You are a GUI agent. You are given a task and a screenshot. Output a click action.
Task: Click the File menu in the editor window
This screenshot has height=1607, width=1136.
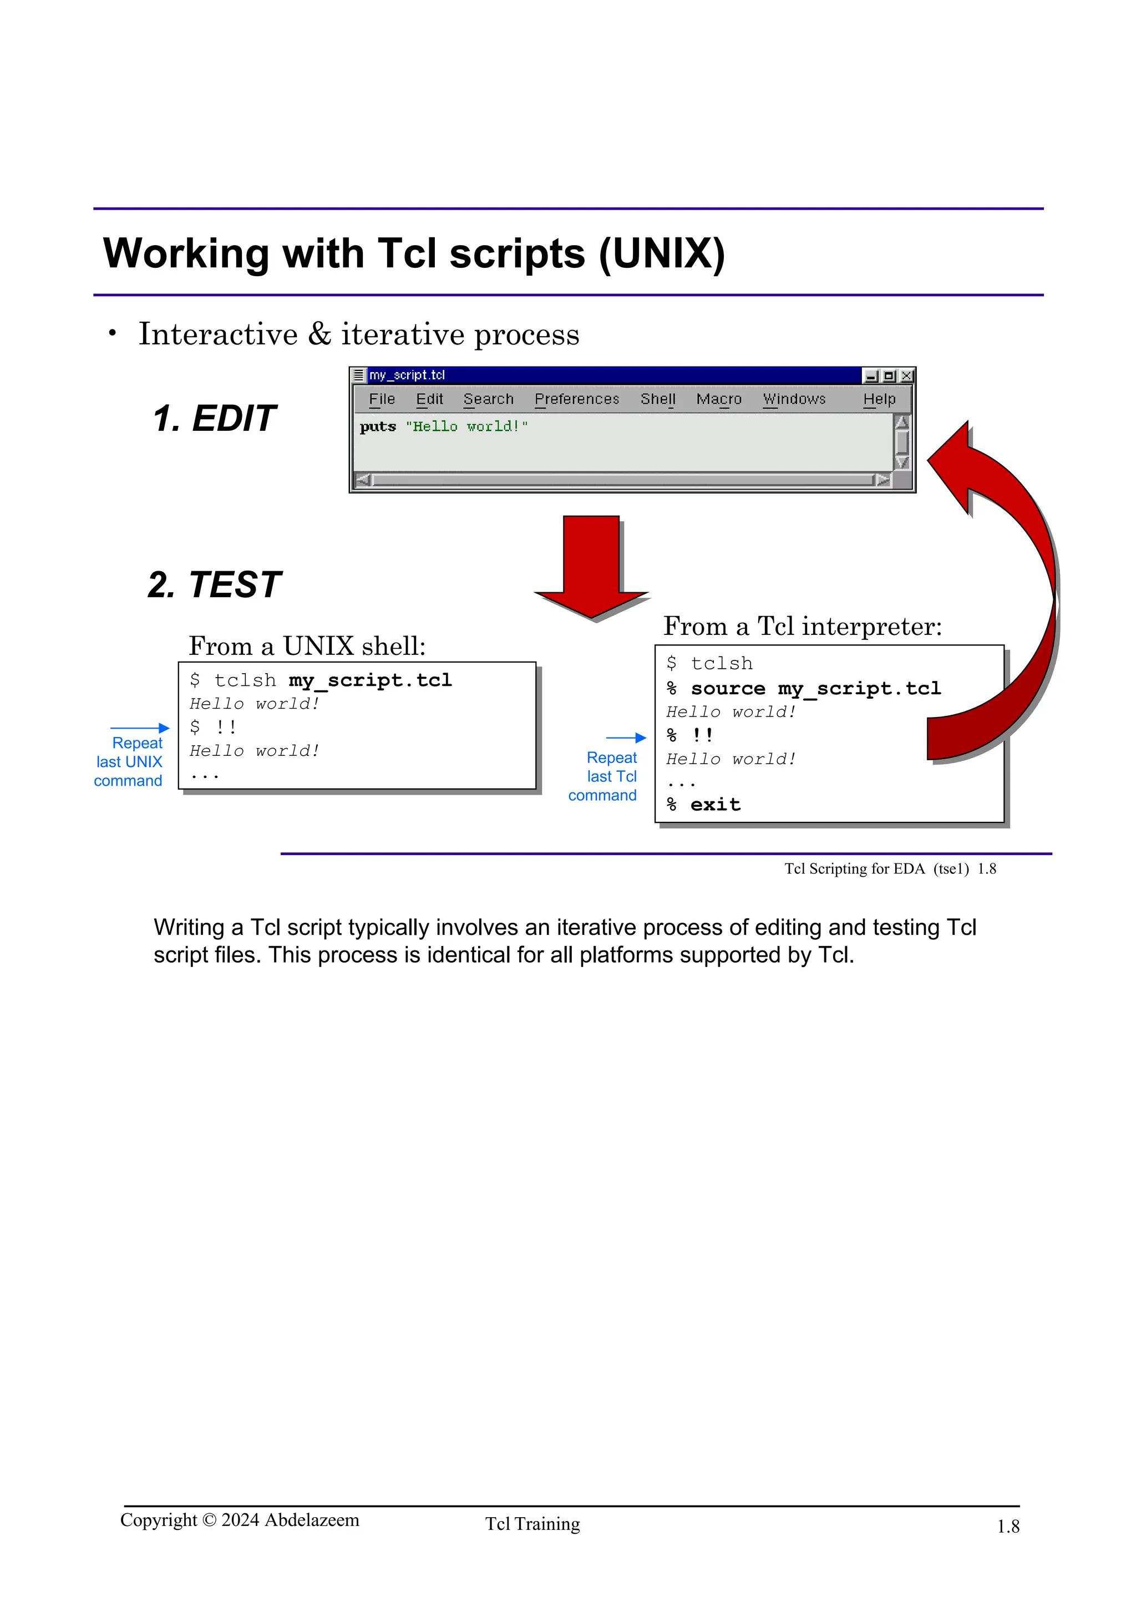tap(382, 399)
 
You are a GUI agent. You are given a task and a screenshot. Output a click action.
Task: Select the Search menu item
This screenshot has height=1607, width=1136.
tap(488, 399)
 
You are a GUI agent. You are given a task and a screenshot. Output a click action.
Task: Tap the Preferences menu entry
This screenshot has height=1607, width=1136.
tap(577, 399)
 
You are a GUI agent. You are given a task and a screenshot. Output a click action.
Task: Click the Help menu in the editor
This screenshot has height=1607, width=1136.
tap(879, 399)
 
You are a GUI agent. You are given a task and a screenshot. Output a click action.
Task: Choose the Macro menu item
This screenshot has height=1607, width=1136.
tap(718, 399)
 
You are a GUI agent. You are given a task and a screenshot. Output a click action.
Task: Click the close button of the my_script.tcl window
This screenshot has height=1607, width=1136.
tap(906, 376)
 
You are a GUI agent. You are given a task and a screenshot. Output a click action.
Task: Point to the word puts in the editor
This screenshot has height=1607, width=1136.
tap(377, 426)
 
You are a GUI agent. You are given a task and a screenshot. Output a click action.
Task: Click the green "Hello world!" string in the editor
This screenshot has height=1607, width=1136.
tap(466, 426)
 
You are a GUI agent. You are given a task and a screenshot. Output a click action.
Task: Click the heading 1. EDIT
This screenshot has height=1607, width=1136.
tap(214, 419)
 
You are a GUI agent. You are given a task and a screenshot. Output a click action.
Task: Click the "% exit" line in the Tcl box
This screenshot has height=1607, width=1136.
tap(703, 805)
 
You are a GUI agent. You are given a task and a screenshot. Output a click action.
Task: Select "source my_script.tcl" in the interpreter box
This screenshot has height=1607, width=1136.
tap(815, 689)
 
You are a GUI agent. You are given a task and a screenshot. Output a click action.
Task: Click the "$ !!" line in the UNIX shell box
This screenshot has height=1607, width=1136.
tap(213, 727)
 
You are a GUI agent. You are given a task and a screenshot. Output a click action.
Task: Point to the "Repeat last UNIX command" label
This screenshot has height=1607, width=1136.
tap(129, 761)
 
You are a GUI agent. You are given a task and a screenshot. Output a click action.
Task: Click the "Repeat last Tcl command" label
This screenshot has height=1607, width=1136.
tap(603, 776)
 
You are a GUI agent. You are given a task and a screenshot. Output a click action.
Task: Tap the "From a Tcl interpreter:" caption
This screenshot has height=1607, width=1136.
tap(802, 625)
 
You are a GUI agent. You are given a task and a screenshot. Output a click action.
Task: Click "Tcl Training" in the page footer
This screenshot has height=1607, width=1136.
tap(532, 1524)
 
